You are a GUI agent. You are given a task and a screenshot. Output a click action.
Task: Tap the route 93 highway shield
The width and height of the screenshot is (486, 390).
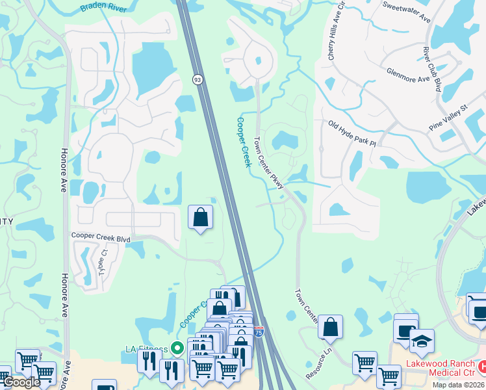(197, 79)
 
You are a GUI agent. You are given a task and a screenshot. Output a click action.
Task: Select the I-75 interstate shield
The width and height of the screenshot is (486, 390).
(259, 331)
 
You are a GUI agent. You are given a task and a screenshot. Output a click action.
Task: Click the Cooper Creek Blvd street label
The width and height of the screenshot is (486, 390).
(101, 238)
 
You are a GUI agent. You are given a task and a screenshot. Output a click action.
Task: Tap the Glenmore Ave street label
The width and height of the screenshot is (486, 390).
(408, 75)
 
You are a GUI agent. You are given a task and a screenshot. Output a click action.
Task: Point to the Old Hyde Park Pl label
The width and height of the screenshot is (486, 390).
(352, 134)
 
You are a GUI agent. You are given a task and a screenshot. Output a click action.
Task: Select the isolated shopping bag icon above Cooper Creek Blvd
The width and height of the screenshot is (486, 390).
(201, 217)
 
